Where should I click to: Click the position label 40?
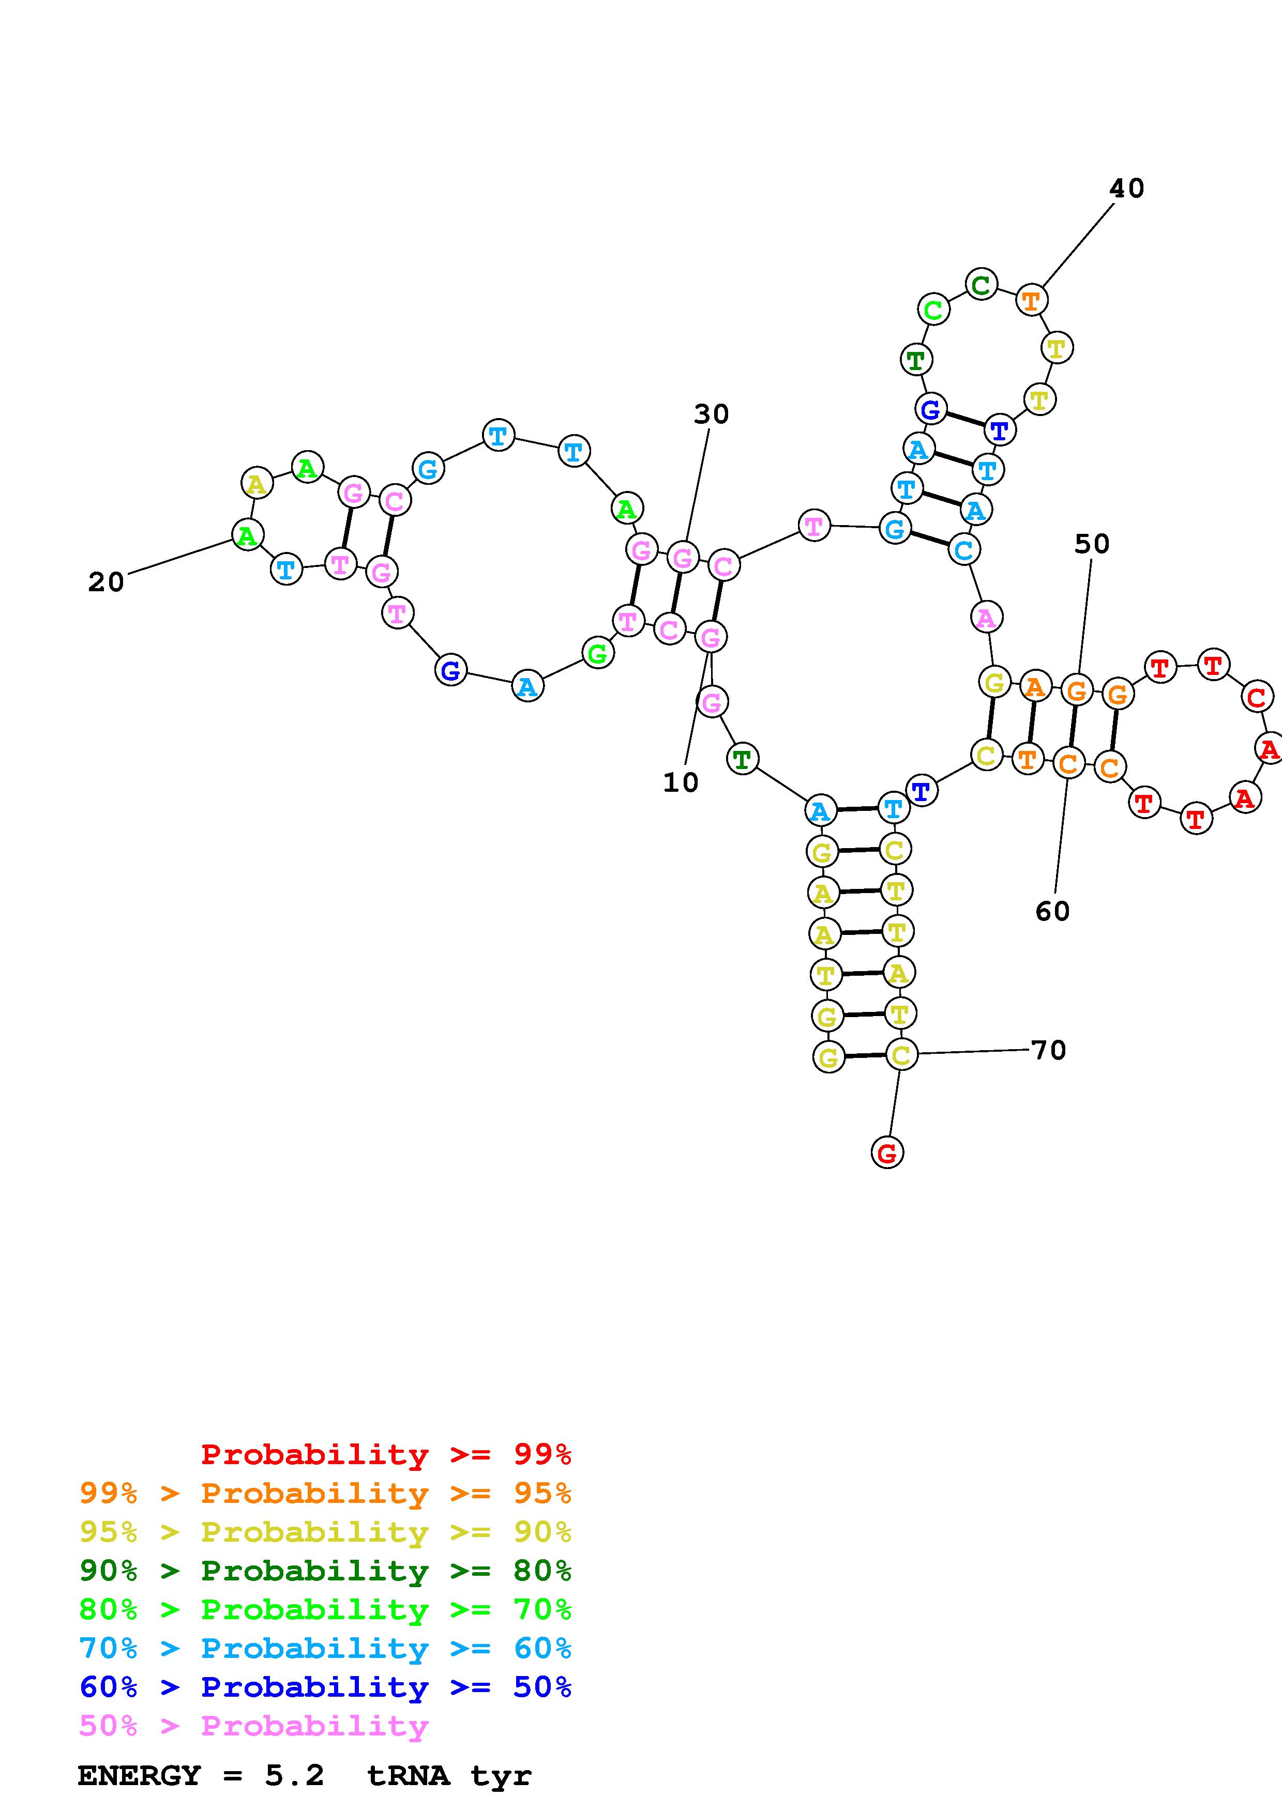click(x=1126, y=189)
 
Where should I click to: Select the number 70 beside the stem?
click(x=1049, y=1050)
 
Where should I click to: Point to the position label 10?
click(x=680, y=782)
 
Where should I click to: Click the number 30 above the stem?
click(x=711, y=414)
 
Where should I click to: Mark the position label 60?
click(x=1052, y=911)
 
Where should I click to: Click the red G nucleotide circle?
click(x=887, y=1153)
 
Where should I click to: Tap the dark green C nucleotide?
click(x=981, y=284)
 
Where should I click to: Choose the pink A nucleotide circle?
click(x=986, y=617)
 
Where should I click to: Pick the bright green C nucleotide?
click(x=933, y=310)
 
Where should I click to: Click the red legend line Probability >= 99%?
click(x=386, y=1454)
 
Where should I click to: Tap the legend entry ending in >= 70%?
click(x=325, y=1608)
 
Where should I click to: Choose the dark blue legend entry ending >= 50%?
click(x=325, y=1687)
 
